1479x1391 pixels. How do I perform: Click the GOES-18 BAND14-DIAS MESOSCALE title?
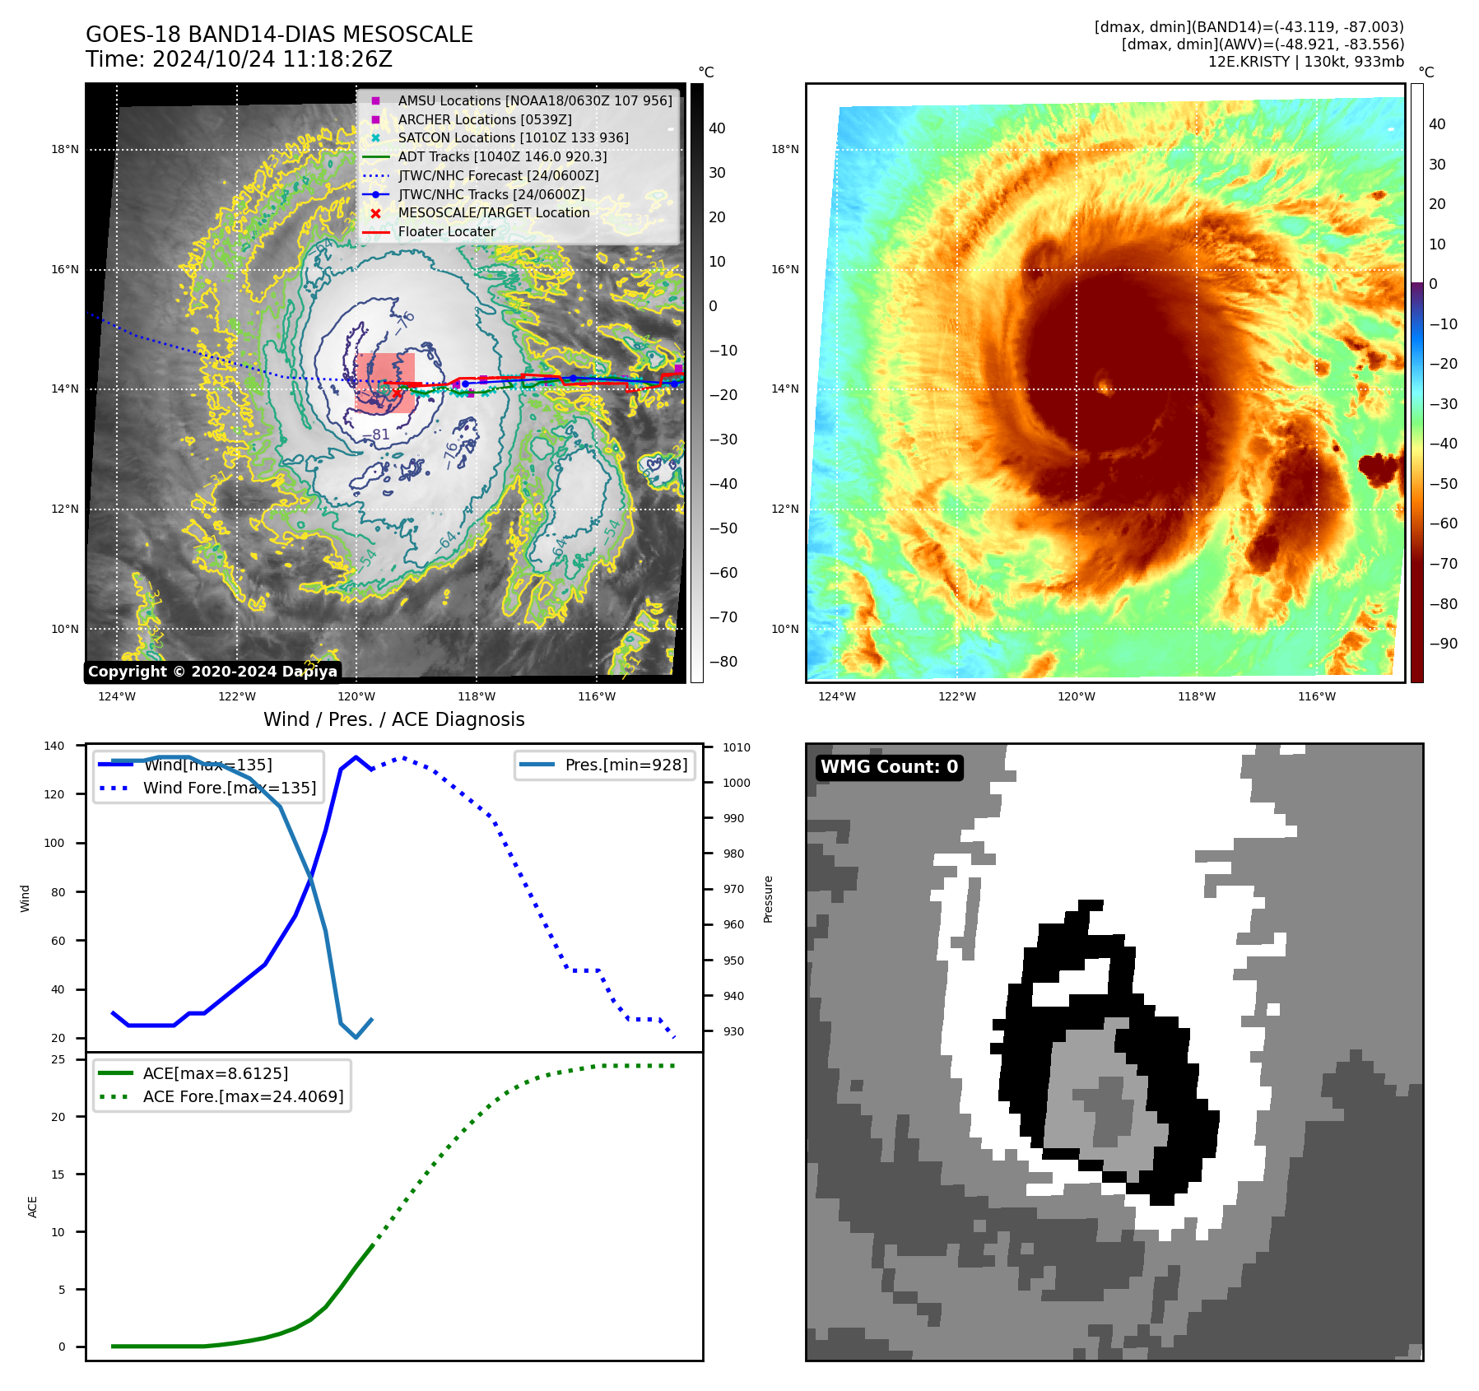tap(279, 35)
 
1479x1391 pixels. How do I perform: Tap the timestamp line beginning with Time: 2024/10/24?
tap(239, 59)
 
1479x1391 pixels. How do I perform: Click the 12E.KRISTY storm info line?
tap(1305, 62)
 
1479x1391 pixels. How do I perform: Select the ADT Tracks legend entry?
tap(502, 156)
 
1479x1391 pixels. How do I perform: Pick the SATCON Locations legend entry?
tap(513, 137)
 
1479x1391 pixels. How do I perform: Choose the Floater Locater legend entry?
tap(446, 231)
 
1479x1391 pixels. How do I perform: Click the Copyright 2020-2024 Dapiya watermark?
tap(212, 672)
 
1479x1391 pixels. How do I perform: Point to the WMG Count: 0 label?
tap(889, 767)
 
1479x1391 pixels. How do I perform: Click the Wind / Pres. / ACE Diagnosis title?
tap(393, 719)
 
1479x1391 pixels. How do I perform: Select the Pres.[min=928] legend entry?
tap(626, 765)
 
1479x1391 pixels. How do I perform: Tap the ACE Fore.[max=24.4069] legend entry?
tap(243, 1096)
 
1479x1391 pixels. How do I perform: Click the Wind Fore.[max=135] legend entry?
tap(229, 788)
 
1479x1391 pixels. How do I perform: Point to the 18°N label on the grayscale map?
tap(65, 150)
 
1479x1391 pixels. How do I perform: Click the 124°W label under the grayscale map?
tap(117, 697)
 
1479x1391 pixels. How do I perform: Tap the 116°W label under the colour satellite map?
tap(1317, 697)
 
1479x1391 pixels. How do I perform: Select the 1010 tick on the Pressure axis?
tap(737, 747)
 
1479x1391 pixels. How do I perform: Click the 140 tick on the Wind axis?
tap(54, 746)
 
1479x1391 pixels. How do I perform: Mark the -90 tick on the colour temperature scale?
tap(1444, 644)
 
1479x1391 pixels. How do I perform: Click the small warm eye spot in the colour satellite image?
tap(1105, 384)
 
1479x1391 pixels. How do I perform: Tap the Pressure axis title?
tap(768, 899)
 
